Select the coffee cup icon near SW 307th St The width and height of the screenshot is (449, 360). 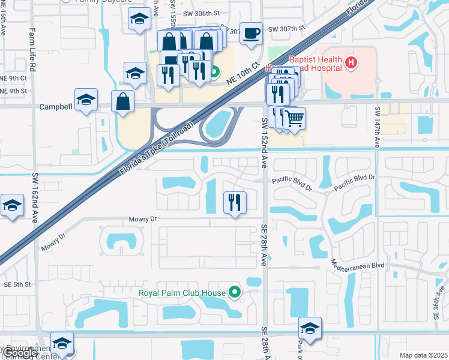pos(251,33)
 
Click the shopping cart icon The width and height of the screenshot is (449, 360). pos(294,118)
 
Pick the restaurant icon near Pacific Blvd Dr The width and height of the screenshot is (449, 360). pos(235,202)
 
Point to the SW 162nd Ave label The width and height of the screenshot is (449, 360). pos(35,195)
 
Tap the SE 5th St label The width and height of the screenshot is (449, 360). pos(17,284)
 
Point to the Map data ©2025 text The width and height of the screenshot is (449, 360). pos(423,355)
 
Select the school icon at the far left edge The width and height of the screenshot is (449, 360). pos(12,206)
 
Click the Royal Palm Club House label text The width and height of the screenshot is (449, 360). pos(182,293)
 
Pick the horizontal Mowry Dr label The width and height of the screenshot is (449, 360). pos(142,220)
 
